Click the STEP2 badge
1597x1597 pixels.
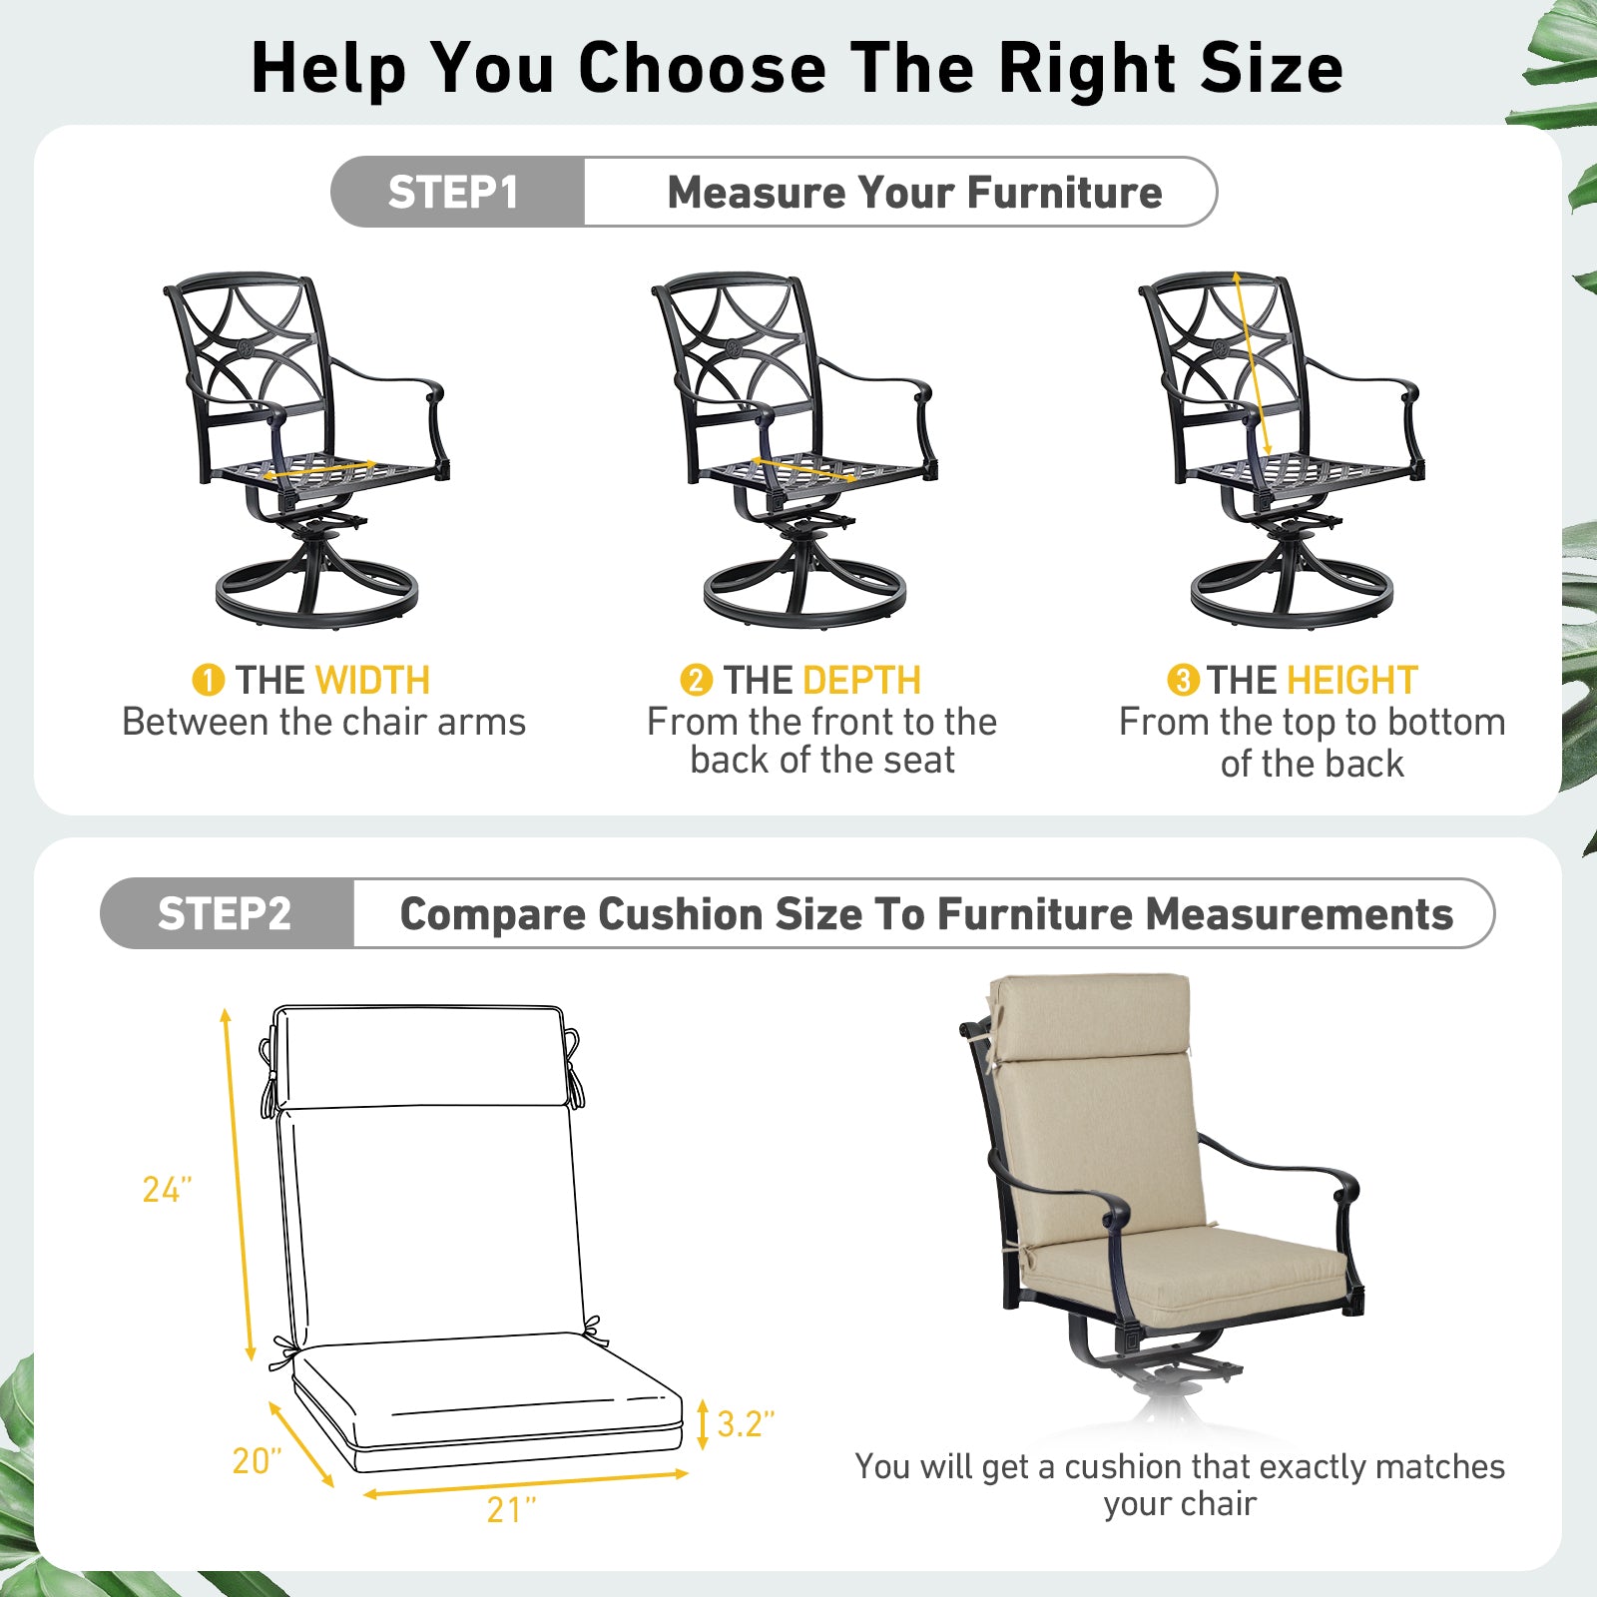point(227,913)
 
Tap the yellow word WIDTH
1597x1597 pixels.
point(372,681)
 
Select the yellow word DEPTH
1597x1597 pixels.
point(861,681)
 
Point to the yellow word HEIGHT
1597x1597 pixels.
point(1351,681)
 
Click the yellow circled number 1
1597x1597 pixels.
point(208,681)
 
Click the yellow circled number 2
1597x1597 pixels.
point(696,681)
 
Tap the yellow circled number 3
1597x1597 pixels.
point(1183,681)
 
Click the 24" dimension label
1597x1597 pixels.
point(167,1189)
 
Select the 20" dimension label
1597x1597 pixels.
point(257,1460)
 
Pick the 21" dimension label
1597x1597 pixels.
point(511,1510)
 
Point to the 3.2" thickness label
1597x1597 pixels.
point(746,1424)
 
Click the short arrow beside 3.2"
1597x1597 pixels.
point(703,1424)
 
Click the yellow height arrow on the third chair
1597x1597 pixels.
point(1252,363)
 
